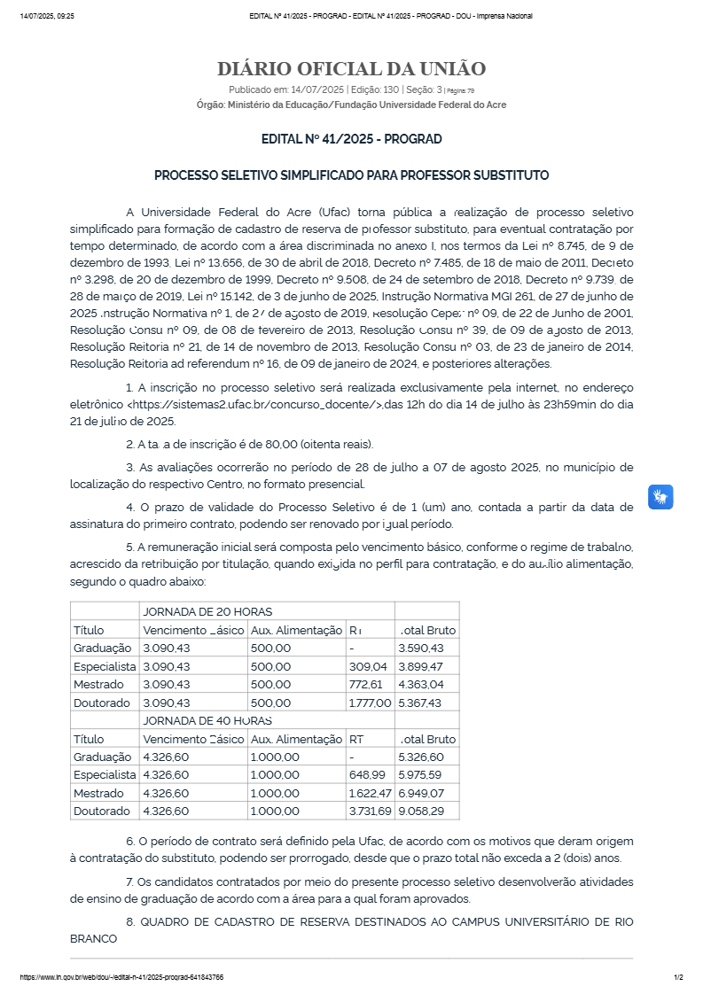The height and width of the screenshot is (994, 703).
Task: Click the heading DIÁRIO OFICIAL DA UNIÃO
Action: pyautogui.click(x=351, y=69)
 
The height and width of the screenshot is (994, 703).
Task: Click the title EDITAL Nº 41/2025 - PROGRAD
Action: pyautogui.click(x=351, y=139)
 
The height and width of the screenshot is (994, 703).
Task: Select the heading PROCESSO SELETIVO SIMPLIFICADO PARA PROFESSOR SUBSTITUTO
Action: pyautogui.click(x=351, y=175)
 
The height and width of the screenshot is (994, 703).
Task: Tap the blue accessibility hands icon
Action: pyautogui.click(x=660, y=497)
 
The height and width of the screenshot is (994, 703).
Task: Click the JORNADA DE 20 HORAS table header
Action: pyautogui.click(x=207, y=611)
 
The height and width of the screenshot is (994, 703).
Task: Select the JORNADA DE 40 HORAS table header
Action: pyautogui.click(x=207, y=720)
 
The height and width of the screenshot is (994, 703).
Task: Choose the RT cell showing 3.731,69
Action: pyautogui.click(x=370, y=811)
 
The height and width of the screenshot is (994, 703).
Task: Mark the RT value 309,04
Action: pyautogui.click(x=368, y=666)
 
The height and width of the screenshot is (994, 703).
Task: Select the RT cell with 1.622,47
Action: pyautogui.click(x=370, y=793)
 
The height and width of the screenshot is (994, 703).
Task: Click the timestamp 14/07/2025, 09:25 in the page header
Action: pyautogui.click(x=47, y=16)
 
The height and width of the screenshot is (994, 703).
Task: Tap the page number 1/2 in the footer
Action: pyautogui.click(x=678, y=977)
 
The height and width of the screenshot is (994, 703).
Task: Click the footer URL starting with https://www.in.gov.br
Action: pyautogui.click(x=121, y=977)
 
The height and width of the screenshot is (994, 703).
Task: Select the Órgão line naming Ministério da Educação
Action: pyautogui.click(x=351, y=105)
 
